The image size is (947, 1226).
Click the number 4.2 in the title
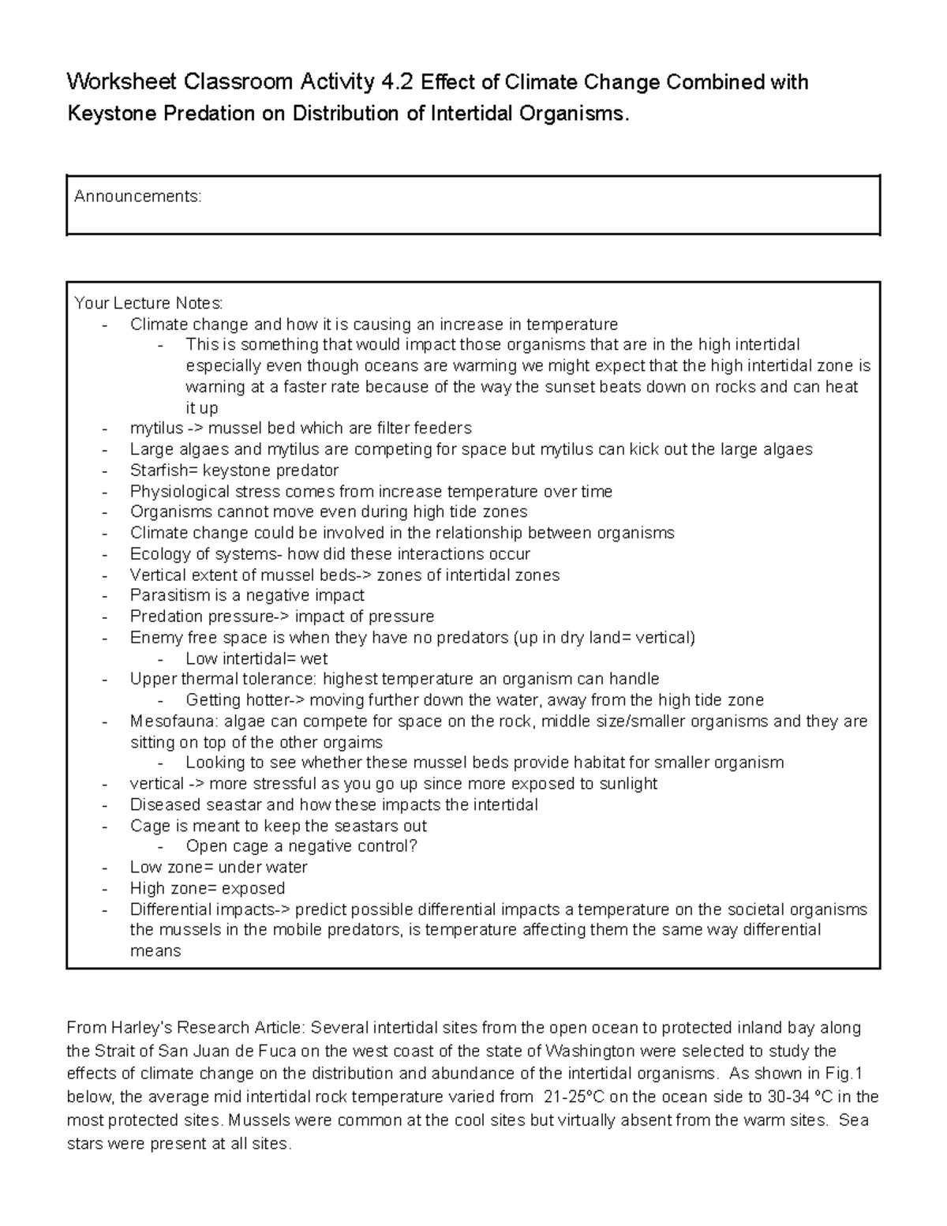coord(398,82)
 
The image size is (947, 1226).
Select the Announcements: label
coord(138,197)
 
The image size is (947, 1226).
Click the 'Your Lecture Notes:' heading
coord(148,303)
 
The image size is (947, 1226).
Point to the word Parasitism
coord(167,595)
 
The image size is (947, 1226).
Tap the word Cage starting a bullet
coord(149,826)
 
